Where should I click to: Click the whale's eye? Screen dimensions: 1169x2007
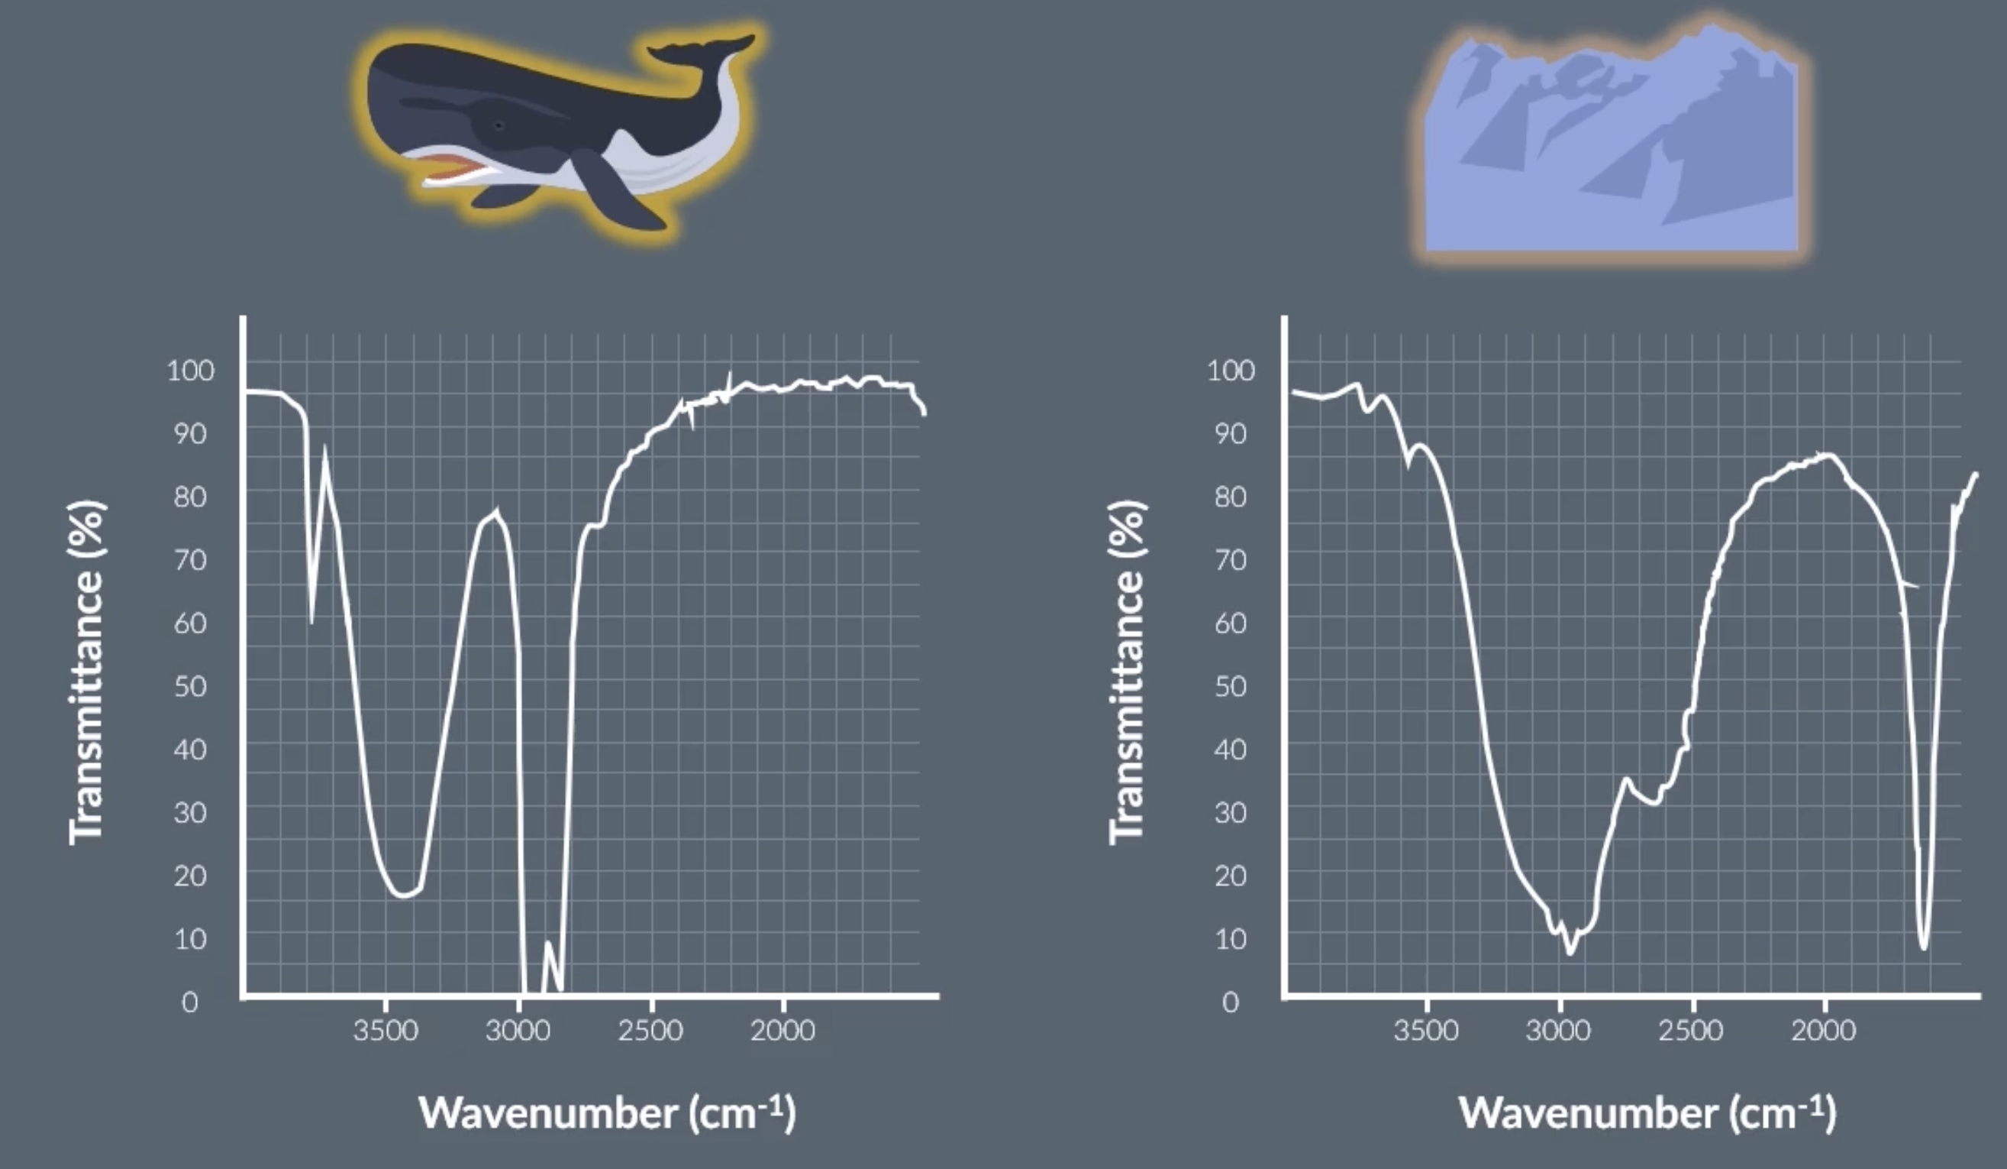499,126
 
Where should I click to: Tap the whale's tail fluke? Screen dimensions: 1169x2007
701,50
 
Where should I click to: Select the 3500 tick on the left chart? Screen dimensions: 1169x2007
386,1031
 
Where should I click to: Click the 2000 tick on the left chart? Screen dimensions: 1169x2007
782,1031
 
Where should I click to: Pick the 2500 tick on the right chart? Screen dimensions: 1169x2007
1691,1031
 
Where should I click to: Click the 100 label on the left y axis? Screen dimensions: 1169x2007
190,371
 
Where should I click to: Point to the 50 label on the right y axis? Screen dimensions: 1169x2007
1231,686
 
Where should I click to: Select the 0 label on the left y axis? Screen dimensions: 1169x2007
189,1002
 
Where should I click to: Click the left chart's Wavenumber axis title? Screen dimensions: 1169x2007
607,1112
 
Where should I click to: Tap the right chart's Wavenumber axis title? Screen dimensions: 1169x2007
1647,1112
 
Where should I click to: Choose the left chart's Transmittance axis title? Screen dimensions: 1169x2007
86,672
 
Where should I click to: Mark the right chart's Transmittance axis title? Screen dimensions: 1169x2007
1126,672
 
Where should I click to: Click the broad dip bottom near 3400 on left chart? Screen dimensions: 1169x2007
402,895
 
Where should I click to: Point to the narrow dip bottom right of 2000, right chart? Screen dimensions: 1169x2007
1923,947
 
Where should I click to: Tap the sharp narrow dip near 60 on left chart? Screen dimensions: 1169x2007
311,621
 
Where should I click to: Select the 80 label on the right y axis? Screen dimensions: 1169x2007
1231,497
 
